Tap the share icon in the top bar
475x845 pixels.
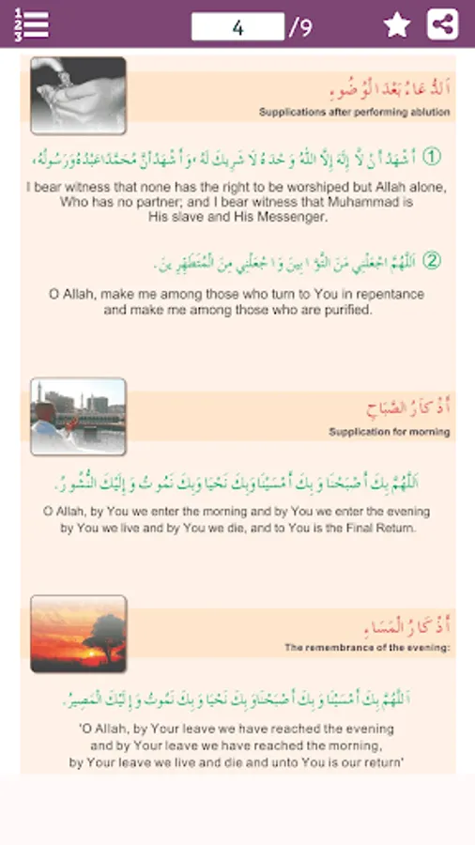[x=442, y=25]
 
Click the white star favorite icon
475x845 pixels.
[x=397, y=25]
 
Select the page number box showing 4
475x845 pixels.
[x=237, y=27]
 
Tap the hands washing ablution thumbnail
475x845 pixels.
[x=78, y=96]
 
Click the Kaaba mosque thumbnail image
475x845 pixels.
[x=78, y=417]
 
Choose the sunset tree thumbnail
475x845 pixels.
[x=78, y=634]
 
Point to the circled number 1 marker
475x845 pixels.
[x=431, y=157]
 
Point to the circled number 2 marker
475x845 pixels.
[x=431, y=260]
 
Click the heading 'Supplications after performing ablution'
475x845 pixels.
[x=355, y=113]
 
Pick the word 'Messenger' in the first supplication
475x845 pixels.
[x=289, y=216]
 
